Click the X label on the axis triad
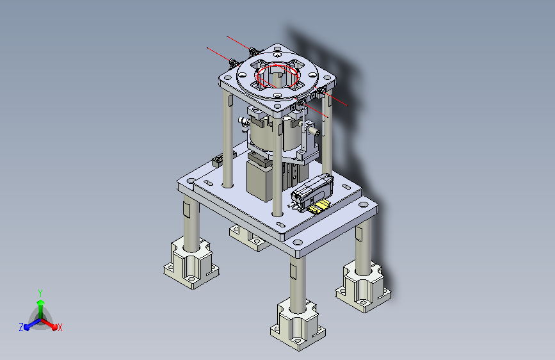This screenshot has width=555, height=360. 60,327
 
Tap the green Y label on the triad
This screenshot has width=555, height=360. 40,293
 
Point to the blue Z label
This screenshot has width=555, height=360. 21,327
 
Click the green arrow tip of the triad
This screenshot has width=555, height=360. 41,302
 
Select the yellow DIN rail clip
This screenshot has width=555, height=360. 319,206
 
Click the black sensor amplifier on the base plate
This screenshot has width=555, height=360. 312,193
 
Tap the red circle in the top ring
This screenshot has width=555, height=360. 278,76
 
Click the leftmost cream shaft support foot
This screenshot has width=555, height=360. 191,264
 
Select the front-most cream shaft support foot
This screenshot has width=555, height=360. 298,325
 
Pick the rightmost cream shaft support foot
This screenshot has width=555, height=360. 363,287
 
